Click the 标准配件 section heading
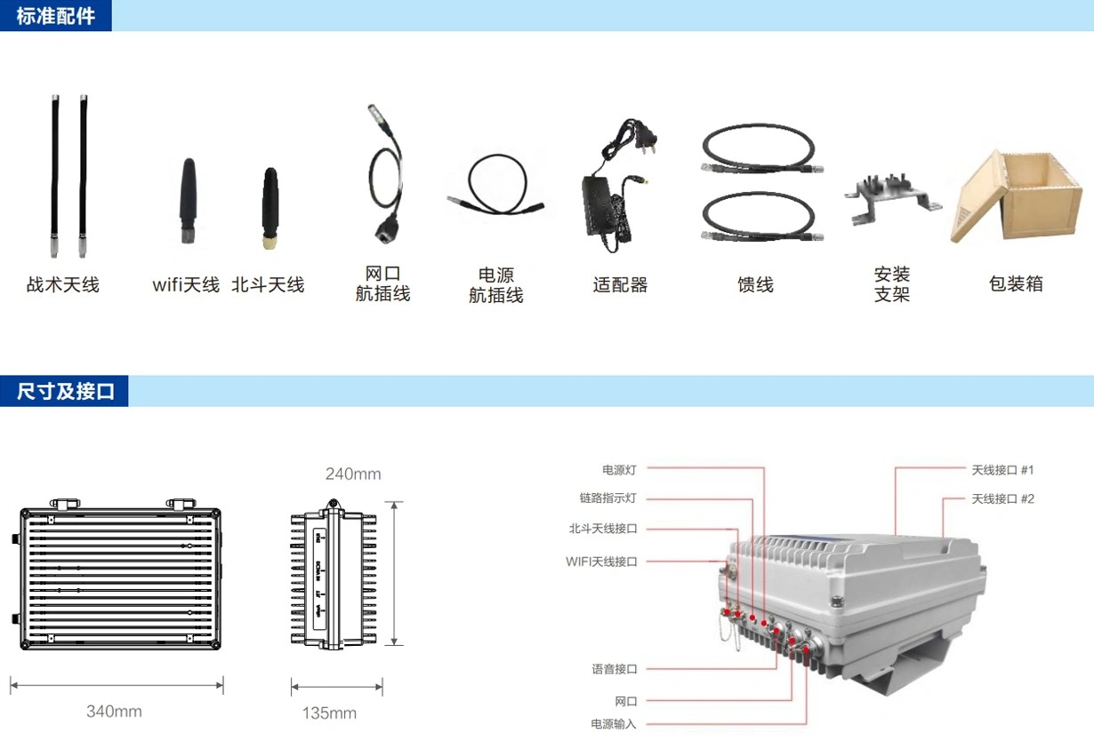pos(55,16)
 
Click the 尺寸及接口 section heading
pos(66,391)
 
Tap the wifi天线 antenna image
pos(187,200)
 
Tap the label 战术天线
pos(62,285)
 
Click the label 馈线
pos(755,285)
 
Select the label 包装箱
pos(1015,284)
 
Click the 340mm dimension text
pos(114,712)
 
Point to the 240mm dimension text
pos(353,474)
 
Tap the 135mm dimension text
pos(329,713)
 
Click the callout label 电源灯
pos(619,469)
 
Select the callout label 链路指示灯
pos(608,498)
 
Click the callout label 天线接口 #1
pos(1002,469)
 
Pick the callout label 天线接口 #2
pos(1002,498)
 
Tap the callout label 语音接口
pos(615,669)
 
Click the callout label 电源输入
pos(614,724)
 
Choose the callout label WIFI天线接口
pos(601,562)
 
